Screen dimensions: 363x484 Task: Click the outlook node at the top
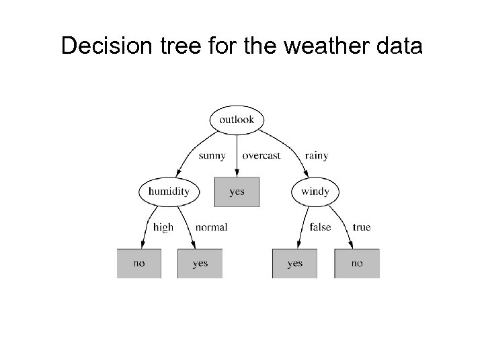[237, 120]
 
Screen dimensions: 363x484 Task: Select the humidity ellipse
[169, 192]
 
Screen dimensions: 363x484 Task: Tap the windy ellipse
[315, 192]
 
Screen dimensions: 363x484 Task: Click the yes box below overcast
[237, 192]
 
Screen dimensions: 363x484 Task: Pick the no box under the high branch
[139, 264]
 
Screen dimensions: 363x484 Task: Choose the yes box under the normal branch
[200, 264]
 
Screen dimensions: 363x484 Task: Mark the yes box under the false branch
[294, 264]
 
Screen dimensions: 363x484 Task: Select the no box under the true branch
[356, 264]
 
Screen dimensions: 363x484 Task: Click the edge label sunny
[212, 156]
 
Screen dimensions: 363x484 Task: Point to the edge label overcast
[261, 156]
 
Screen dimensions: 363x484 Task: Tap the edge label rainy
[316, 156]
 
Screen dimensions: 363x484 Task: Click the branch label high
[163, 227]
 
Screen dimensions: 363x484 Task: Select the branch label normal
[211, 227]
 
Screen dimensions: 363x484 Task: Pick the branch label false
[320, 227]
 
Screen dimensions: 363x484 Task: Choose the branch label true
[361, 227]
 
